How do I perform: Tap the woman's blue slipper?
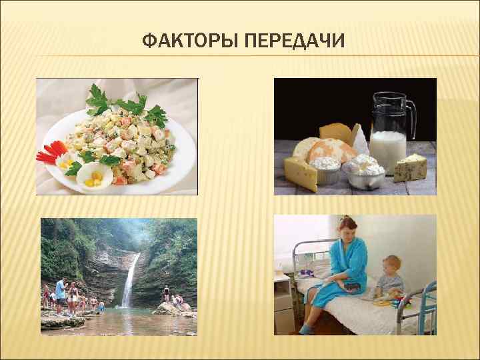(306, 329)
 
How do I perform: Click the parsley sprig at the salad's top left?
(97, 97)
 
